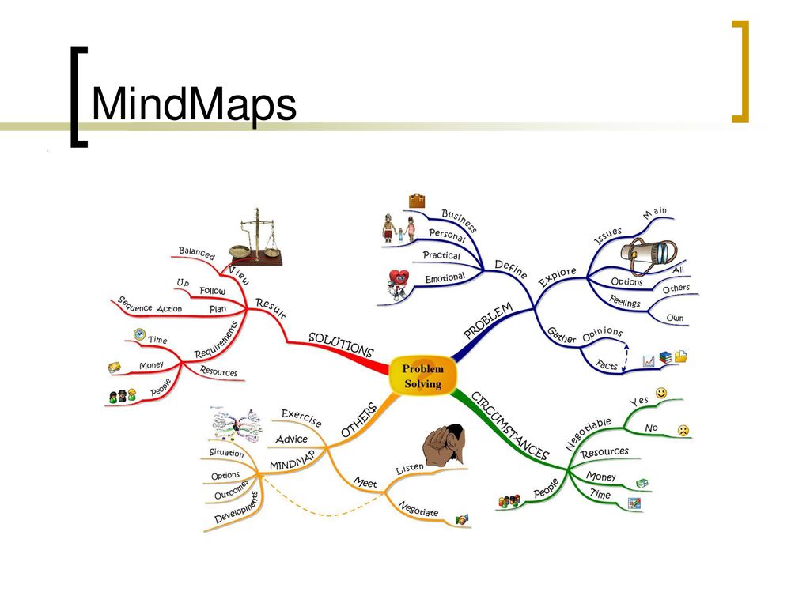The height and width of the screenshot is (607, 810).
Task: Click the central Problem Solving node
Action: [x=423, y=376]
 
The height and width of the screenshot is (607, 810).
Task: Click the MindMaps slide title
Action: [x=194, y=105]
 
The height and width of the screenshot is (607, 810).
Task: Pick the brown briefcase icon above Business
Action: [x=417, y=201]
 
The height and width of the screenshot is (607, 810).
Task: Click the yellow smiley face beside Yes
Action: [x=661, y=393]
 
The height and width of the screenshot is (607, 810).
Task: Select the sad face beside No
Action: [x=683, y=430]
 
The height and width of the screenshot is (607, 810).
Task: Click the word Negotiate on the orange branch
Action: [x=418, y=509]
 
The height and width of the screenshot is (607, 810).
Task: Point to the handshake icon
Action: [x=462, y=519]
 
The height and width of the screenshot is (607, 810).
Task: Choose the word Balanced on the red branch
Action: [x=196, y=254]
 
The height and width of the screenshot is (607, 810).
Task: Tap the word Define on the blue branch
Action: [x=511, y=268]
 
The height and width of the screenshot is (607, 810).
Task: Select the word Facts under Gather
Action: [x=607, y=364]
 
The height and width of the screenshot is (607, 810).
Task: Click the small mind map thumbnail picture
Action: [x=235, y=425]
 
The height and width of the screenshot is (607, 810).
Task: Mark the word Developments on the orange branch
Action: [x=237, y=508]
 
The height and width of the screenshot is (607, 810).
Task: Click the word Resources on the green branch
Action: [x=604, y=454]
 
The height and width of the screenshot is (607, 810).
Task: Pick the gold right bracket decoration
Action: [x=740, y=71]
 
